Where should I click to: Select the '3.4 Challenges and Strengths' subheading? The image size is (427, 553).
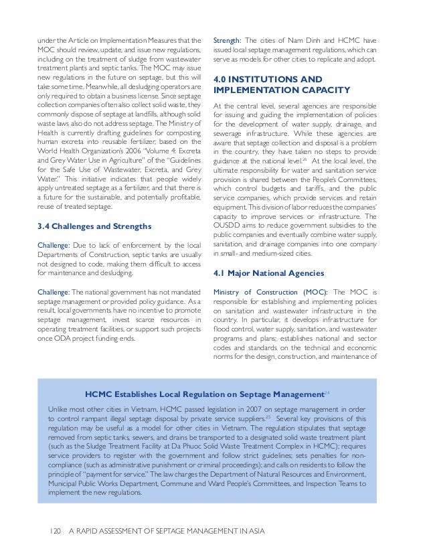point(94,226)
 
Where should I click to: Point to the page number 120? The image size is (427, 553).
point(54,532)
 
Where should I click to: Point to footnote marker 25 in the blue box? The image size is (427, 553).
point(266,416)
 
